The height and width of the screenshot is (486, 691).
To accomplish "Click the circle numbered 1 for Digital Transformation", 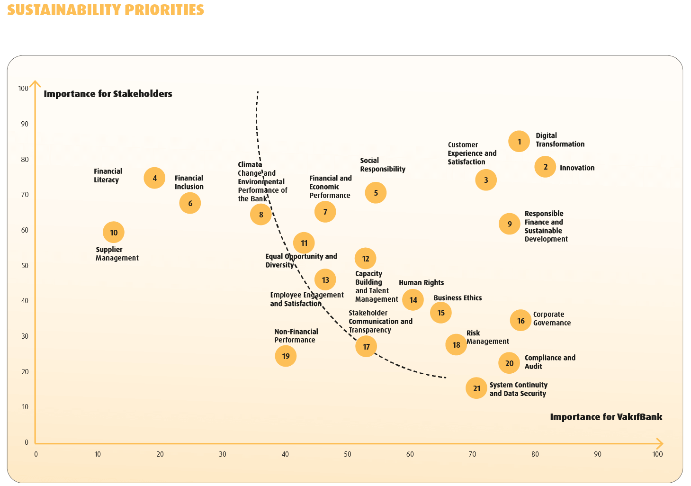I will click(x=519, y=142).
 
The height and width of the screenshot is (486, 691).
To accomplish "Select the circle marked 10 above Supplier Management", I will click(x=114, y=233).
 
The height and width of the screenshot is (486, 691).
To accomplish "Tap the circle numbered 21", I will click(x=476, y=388).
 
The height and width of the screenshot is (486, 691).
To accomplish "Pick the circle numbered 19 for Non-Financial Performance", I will click(x=286, y=356).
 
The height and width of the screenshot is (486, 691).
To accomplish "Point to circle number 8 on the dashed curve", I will click(x=261, y=215).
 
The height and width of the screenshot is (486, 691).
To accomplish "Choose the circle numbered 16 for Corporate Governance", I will click(x=521, y=321).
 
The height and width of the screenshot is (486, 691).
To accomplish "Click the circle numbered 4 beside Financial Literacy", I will click(x=154, y=178).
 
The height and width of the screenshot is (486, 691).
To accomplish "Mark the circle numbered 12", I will click(x=365, y=259).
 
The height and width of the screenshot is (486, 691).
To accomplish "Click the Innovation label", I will click(x=577, y=168).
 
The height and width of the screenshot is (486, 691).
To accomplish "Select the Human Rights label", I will click(x=421, y=283).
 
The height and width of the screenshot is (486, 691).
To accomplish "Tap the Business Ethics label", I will click(x=458, y=298).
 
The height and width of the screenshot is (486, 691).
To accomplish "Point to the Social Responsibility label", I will click(x=383, y=165).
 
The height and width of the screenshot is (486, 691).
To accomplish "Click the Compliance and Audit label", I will click(x=550, y=362).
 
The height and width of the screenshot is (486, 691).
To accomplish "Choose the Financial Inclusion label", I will click(x=189, y=182).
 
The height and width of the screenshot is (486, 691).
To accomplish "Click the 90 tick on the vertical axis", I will click(x=24, y=124).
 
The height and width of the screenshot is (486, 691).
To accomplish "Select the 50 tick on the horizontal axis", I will click(x=348, y=454).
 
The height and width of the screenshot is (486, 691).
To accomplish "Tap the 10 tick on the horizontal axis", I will click(x=98, y=454).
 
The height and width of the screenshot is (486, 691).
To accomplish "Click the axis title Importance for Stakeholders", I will click(x=108, y=94).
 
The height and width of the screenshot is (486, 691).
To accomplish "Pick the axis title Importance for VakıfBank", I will click(x=606, y=417).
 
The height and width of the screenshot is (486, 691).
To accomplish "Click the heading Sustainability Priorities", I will click(x=106, y=10).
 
